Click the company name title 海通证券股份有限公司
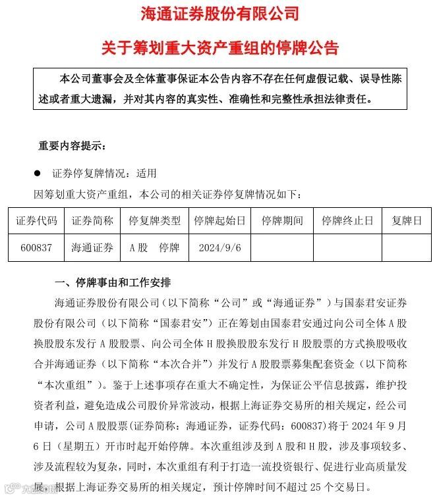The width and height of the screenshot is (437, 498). pyautogui.click(x=219, y=12)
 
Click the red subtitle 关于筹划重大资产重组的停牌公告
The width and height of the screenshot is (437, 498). pyautogui.click(x=219, y=47)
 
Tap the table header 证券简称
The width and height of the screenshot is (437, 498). pyautogui.click(x=92, y=220)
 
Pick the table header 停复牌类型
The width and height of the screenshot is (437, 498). pyautogui.click(x=154, y=220)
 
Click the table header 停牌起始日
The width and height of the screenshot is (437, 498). pyautogui.click(x=219, y=220)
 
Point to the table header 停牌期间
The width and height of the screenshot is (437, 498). pyautogui.click(x=282, y=220)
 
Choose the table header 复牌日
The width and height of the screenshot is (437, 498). pyautogui.click(x=406, y=220)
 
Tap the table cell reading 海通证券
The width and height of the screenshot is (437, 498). pyautogui.click(x=92, y=248)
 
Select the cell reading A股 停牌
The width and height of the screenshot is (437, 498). pyautogui.click(x=154, y=248)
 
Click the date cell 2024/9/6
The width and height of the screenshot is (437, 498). pyautogui.click(x=219, y=248)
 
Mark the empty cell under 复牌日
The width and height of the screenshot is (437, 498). pyautogui.click(x=406, y=248)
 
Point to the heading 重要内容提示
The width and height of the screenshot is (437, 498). pyautogui.click(x=72, y=145)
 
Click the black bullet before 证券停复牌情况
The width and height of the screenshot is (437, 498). pyautogui.click(x=38, y=174)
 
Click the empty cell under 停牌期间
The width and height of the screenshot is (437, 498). pyautogui.click(x=282, y=248)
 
